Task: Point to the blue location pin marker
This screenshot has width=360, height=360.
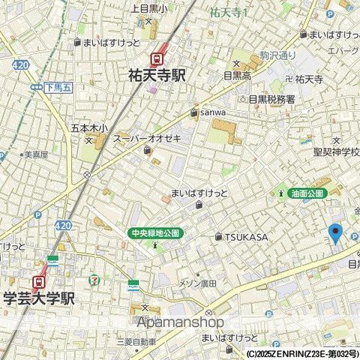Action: click(x=336, y=233)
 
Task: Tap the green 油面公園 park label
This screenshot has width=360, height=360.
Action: click(x=307, y=193)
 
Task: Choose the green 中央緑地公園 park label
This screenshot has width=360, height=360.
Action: click(x=155, y=232)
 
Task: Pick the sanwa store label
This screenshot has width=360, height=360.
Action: click(x=212, y=112)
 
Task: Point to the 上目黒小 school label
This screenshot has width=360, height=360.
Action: click(x=150, y=8)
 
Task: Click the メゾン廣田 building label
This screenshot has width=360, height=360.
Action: click(x=196, y=283)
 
